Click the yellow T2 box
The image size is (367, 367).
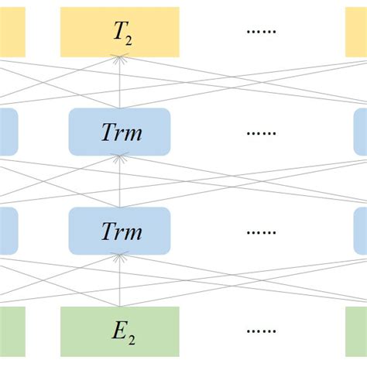coord(120,32)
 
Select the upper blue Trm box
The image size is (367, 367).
coord(119,131)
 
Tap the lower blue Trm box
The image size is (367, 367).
coord(119,231)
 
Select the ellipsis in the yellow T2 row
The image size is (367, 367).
coord(262,33)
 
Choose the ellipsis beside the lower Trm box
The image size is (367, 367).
coord(262,232)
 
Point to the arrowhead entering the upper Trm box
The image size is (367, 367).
coord(119,157)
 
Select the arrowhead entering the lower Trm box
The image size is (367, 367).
coord(119,258)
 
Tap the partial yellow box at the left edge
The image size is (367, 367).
coord(12,32)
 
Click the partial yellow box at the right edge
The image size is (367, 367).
coord(355,32)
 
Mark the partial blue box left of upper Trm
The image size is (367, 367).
coord(9,131)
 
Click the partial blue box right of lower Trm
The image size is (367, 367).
coord(360,231)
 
